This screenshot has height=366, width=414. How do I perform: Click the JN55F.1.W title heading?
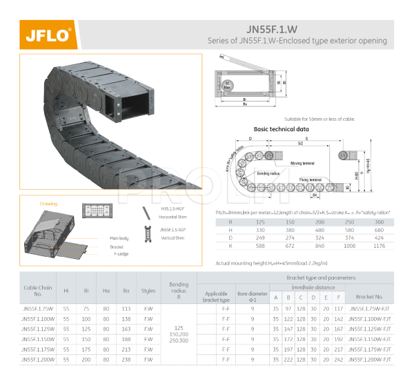point(272,29)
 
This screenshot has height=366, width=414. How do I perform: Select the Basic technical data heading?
point(262,129)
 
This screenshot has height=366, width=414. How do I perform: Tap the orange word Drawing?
point(48,204)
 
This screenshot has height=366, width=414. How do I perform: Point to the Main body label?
point(119,238)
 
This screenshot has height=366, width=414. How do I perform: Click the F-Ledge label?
point(121,253)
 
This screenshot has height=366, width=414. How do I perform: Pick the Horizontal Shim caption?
point(172,217)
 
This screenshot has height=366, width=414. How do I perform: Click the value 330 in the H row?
point(260,229)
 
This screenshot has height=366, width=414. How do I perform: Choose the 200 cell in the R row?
point(319,222)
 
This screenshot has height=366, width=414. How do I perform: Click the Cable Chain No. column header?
point(38,290)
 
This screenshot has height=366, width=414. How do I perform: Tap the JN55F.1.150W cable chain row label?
point(37,340)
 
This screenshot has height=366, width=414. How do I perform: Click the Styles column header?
point(148,291)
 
